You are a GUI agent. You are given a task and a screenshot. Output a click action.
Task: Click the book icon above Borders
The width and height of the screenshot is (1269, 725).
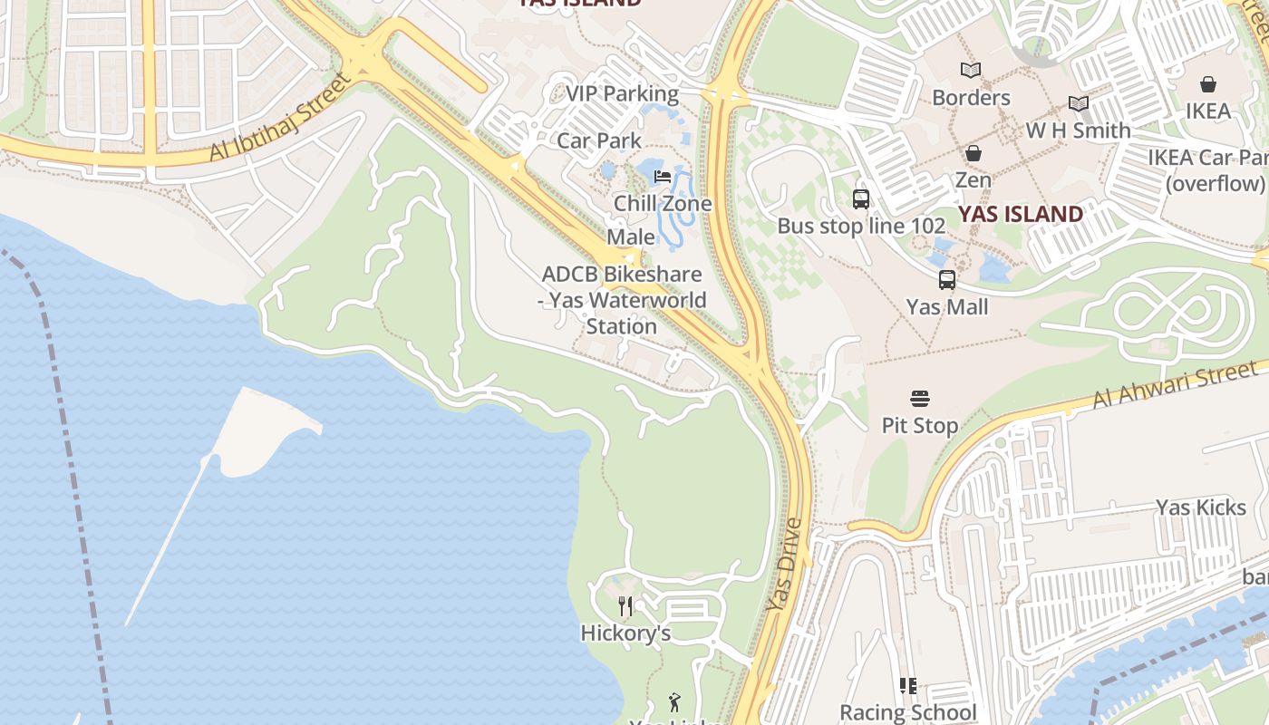coord(971,70)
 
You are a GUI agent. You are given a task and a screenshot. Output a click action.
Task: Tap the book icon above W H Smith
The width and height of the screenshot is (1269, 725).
coord(1078,103)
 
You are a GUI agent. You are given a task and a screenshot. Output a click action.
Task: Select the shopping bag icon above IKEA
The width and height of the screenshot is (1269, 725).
coord(1207,84)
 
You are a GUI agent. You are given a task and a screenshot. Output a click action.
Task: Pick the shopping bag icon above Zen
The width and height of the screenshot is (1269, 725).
coord(973,153)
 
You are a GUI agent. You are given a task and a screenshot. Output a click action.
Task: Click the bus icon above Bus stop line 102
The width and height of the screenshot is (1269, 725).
coord(860,198)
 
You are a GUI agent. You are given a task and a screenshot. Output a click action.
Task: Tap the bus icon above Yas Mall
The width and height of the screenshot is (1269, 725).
coord(947,280)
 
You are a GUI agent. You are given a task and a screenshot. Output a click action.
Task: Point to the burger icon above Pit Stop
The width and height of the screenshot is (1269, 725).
coord(920,398)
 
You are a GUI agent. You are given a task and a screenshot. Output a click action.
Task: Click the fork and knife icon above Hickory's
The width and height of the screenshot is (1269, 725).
coord(625,605)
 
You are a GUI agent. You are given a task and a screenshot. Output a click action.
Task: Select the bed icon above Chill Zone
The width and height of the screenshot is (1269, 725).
coord(663,176)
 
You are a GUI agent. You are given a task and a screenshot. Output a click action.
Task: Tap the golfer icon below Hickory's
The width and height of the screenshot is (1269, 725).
coord(673,701)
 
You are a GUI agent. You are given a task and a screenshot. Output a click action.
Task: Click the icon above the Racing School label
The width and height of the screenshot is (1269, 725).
coord(907,686)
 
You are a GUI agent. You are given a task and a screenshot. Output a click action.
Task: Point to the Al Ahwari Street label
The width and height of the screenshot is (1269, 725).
coord(1175,384)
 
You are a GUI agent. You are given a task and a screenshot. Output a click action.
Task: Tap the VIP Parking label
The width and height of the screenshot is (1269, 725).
coord(622,93)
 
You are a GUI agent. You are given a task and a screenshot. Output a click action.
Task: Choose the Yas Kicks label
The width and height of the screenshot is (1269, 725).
coord(1201,507)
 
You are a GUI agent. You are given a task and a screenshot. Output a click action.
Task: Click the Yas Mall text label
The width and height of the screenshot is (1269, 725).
coord(947,307)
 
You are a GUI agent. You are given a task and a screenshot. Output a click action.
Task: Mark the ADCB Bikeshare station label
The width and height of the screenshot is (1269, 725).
coord(622,300)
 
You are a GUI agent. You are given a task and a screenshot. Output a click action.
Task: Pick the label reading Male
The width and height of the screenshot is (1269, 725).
coord(631,237)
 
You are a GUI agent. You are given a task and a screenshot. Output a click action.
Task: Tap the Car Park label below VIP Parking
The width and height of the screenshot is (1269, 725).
coord(599,140)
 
